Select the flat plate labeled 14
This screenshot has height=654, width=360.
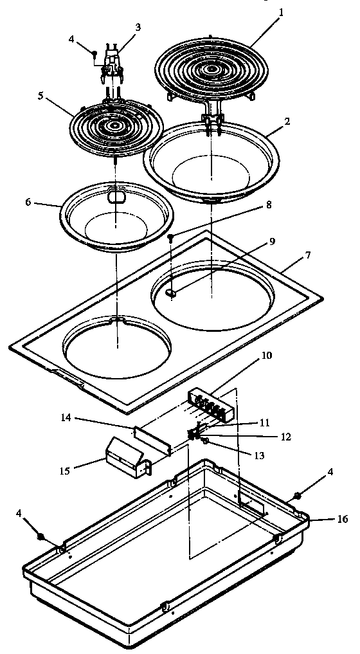pyautogui.click(x=152, y=441)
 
